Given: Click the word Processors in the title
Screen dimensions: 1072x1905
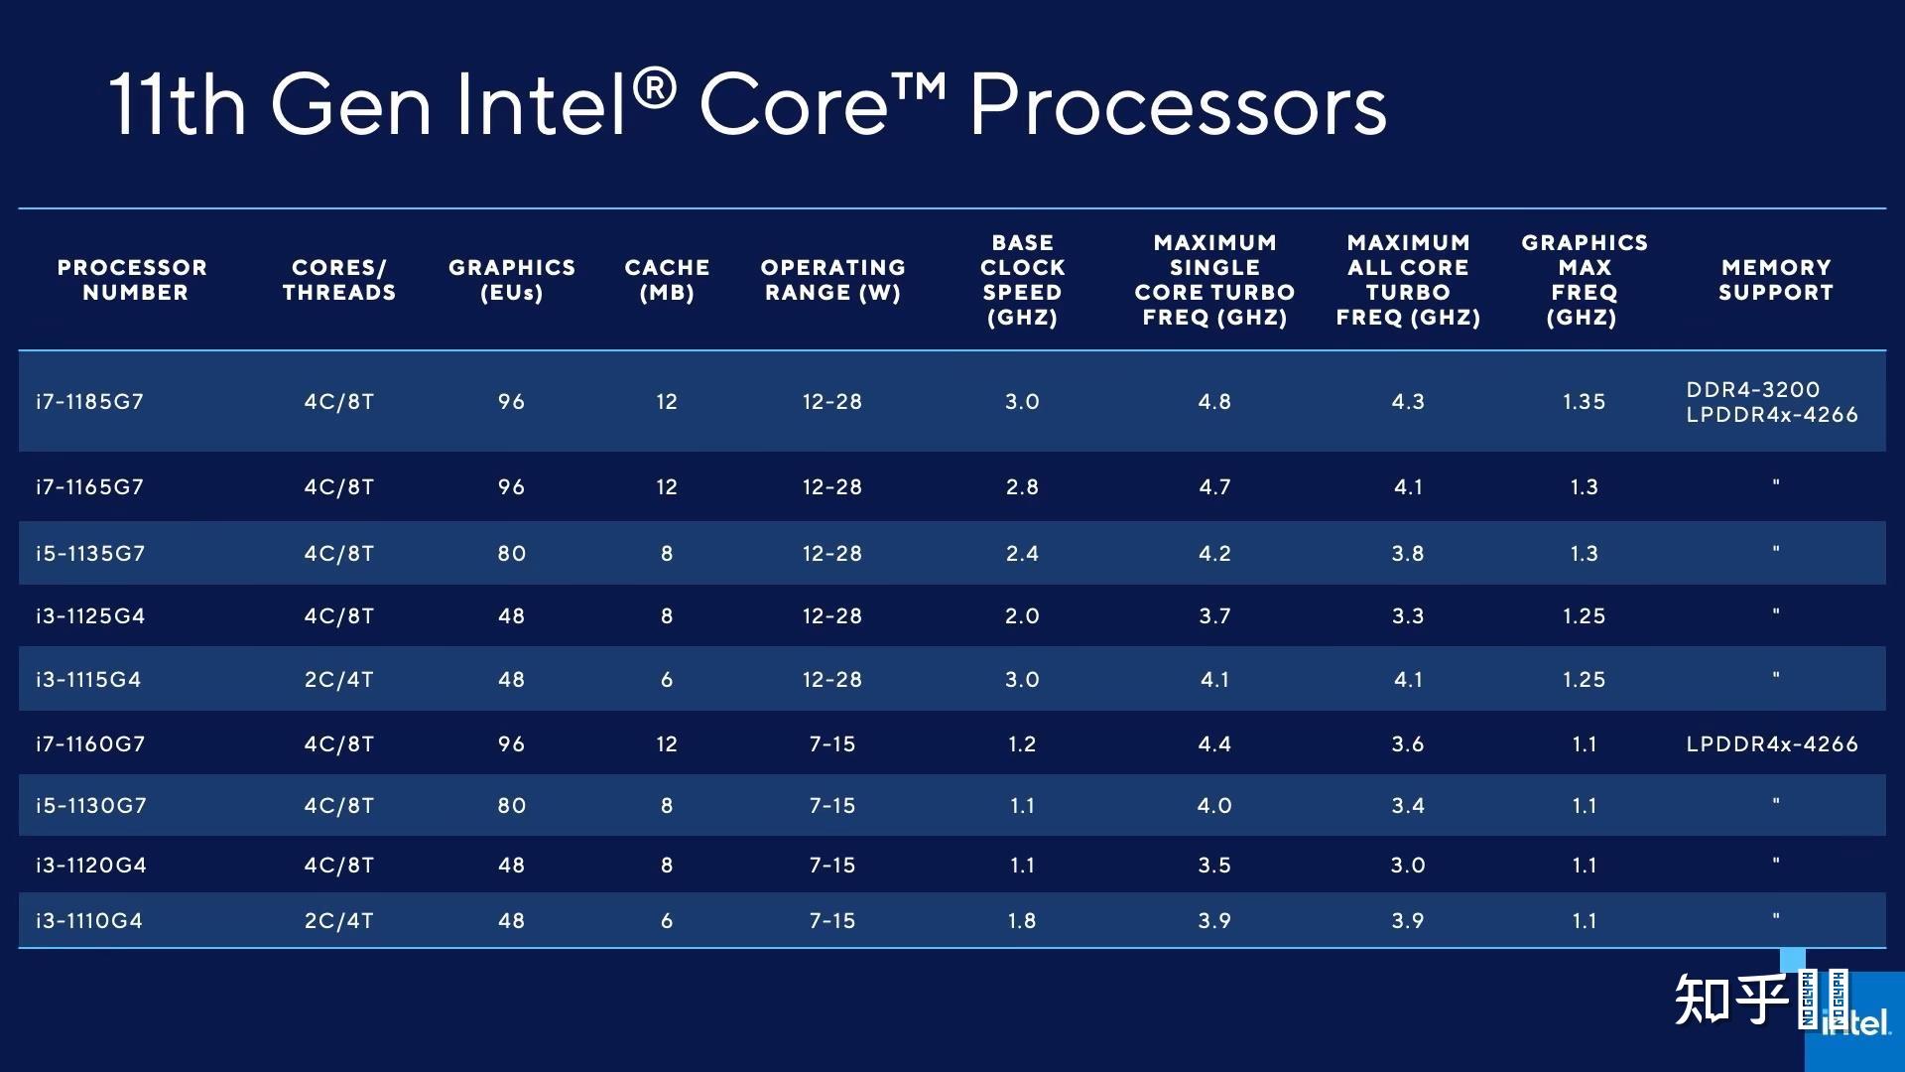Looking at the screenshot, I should point(1178,105).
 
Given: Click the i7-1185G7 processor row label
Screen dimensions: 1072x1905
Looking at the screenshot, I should point(89,402).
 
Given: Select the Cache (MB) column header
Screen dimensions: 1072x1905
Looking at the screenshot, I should point(667,280).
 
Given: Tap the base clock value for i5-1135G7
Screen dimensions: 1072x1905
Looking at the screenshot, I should point(1022,554).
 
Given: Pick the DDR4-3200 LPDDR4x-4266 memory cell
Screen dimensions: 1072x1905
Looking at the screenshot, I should point(1771,402).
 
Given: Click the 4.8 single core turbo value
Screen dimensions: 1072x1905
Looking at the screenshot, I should point(1214,402).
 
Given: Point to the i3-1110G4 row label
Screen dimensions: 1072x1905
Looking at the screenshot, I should point(89,921).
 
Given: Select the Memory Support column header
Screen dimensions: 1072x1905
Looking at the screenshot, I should point(1775,280).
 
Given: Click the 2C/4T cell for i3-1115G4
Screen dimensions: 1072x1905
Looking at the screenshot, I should point(338,680).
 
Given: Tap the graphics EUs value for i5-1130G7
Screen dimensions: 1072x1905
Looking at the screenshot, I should point(511,806).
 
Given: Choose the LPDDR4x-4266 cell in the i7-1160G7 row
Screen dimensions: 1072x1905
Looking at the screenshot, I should point(1771,744).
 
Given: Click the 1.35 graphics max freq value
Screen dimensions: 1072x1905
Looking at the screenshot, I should point(1584,402).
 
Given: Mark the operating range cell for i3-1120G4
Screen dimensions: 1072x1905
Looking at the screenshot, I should point(831,866).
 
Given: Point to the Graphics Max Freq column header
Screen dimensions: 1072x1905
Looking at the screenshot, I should point(1584,280).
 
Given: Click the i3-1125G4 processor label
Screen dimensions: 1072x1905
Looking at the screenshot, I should point(90,616).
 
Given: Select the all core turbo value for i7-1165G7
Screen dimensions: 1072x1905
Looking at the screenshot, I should point(1408,487).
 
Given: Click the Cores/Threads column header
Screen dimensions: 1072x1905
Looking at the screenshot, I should point(338,280).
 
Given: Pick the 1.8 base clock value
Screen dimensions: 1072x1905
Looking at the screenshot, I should point(1022,921).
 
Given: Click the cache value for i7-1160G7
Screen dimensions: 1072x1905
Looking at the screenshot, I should point(667,744).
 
